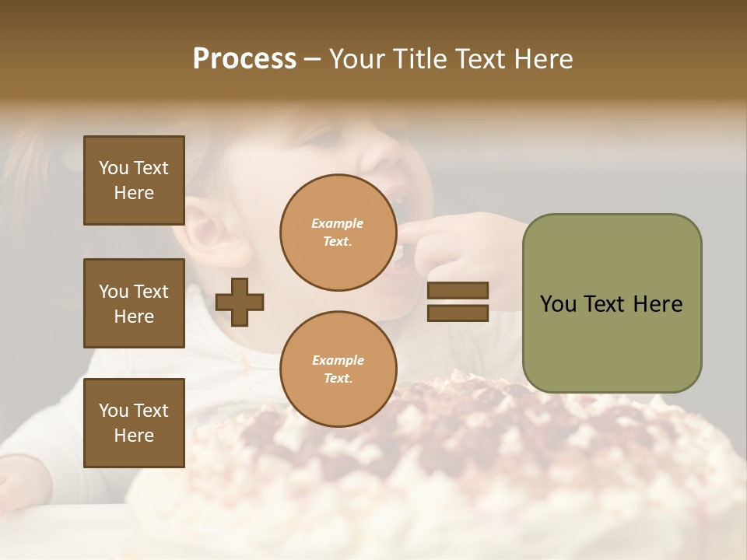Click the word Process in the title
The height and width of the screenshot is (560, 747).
(x=244, y=59)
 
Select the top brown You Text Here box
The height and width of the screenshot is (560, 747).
(x=134, y=180)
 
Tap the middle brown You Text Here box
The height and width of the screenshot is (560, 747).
(x=134, y=303)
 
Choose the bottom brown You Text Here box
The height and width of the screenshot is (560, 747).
(x=134, y=422)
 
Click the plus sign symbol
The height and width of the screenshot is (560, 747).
(x=240, y=302)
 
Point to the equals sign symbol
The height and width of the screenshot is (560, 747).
(x=458, y=302)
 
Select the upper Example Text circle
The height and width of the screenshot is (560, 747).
(x=338, y=233)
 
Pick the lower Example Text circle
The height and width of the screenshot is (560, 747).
(x=338, y=369)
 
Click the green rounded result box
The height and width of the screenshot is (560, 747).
(x=612, y=303)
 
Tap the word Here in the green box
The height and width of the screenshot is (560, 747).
(x=658, y=304)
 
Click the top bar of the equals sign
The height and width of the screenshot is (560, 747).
(x=458, y=290)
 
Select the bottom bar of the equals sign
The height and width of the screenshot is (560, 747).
(x=458, y=313)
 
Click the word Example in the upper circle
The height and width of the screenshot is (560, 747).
(x=337, y=223)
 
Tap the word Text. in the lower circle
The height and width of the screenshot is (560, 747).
(x=338, y=379)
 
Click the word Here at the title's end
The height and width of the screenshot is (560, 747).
(x=542, y=59)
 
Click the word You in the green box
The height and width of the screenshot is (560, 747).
(x=558, y=304)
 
